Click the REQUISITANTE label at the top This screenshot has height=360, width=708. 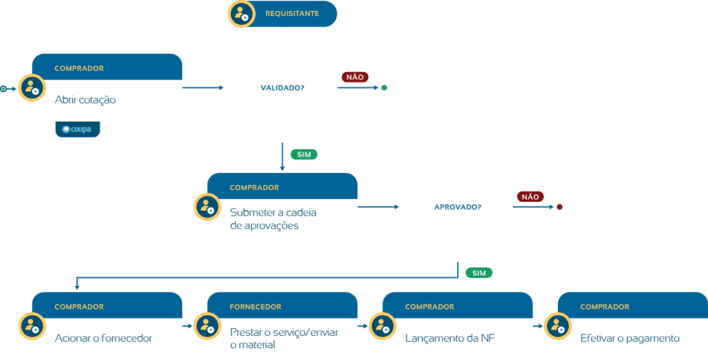tap(292, 14)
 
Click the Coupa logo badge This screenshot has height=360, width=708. tap(77, 129)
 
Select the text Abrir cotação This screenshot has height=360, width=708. tap(85, 100)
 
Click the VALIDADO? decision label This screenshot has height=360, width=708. tap(283, 88)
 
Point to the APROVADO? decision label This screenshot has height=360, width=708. tap(458, 207)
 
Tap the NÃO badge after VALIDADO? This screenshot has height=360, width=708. tap(355, 77)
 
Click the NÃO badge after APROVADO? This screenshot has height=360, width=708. tap(530, 197)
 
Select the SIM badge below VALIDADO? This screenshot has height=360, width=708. tap(304, 154)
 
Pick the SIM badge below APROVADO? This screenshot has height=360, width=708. tap(479, 273)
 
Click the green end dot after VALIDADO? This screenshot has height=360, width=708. tap(384, 88)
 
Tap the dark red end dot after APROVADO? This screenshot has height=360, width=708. tap(559, 207)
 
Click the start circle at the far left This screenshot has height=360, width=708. tap(3, 88)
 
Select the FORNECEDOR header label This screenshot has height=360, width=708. tap(256, 307)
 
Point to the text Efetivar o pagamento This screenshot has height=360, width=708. tap(630, 338)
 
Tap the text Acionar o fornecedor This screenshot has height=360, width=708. tap(104, 338)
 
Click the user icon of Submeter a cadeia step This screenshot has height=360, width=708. tap(207, 207)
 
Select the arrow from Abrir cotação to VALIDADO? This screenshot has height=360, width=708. tap(203, 88)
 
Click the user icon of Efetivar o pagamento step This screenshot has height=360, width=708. tap(558, 325)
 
